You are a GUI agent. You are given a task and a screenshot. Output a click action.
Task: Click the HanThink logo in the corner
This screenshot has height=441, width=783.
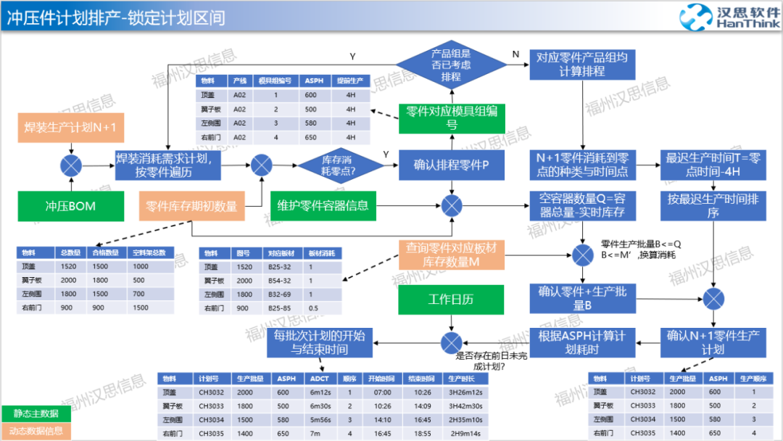(729, 17)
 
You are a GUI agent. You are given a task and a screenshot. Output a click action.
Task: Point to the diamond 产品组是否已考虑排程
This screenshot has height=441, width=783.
(451, 65)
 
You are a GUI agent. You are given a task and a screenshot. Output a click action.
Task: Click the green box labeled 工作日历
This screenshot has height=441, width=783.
(451, 299)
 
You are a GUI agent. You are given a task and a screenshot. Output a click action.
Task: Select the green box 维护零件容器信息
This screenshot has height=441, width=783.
(323, 206)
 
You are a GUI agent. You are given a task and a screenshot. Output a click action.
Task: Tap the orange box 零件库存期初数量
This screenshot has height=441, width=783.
(191, 206)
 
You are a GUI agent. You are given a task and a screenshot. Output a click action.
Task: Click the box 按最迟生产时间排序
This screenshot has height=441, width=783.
(713, 206)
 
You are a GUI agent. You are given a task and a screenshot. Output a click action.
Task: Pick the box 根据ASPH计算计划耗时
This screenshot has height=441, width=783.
(581, 342)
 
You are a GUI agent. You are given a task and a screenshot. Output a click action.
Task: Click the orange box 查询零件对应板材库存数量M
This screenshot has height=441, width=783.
(451, 255)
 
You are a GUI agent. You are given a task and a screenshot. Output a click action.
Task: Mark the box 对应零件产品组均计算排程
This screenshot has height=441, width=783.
(582, 65)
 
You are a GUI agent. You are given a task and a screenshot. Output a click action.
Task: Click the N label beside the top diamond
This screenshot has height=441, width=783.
(515, 54)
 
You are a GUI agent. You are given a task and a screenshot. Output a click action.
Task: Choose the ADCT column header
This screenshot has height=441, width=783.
(320, 379)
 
